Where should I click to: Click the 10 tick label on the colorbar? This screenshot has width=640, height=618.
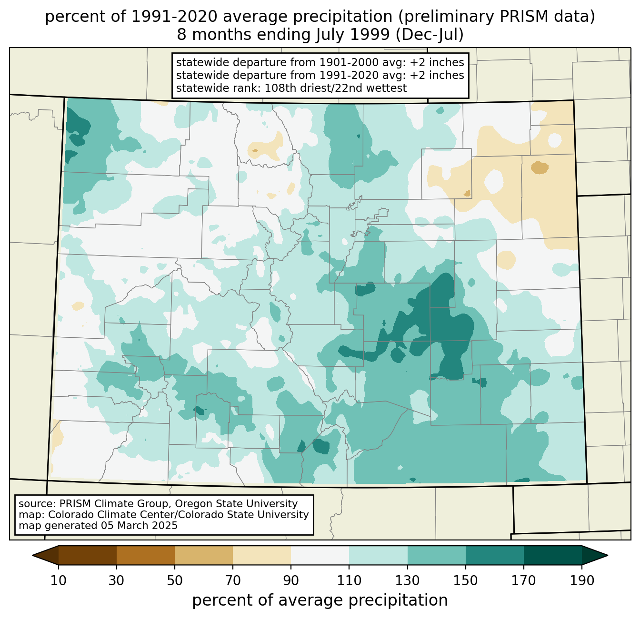click(x=58, y=580)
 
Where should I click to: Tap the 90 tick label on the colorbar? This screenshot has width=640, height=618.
click(x=291, y=580)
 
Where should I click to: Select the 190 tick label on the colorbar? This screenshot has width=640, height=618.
click(x=582, y=580)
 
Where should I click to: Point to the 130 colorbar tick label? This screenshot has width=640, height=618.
click(x=407, y=580)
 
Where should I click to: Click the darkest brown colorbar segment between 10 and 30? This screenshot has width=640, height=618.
click(x=88, y=555)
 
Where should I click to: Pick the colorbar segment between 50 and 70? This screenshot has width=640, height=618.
click(x=204, y=555)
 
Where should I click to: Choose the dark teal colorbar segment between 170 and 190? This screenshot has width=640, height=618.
click(x=552, y=555)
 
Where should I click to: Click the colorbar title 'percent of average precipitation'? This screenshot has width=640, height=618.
click(x=320, y=600)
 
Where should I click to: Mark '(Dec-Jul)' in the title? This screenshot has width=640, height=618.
click(x=430, y=35)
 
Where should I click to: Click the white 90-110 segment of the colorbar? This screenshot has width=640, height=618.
click(x=320, y=555)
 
